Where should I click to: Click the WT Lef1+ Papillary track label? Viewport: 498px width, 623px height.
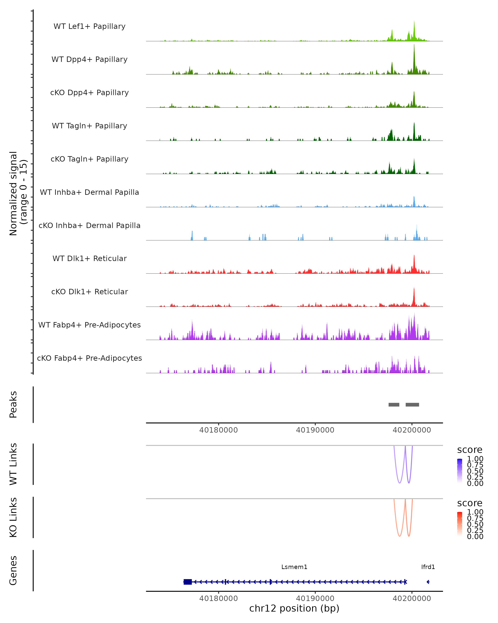[x=89, y=26]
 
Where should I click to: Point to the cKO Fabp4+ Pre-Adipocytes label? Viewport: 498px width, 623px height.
[x=89, y=358]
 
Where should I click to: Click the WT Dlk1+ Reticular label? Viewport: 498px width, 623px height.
[x=89, y=258]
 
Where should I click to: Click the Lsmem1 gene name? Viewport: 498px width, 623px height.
[x=294, y=567]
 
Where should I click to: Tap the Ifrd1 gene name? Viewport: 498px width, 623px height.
[x=428, y=567]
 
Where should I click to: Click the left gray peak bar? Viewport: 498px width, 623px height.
[x=394, y=405]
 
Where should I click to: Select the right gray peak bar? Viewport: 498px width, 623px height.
[x=412, y=405]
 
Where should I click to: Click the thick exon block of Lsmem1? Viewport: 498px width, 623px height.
[x=188, y=582]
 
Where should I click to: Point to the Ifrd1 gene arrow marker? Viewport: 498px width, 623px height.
[x=428, y=582]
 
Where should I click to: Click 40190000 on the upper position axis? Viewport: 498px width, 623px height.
[x=315, y=430]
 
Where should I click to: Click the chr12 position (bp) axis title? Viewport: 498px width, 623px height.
[x=294, y=608]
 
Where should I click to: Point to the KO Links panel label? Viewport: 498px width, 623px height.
[x=13, y=517]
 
